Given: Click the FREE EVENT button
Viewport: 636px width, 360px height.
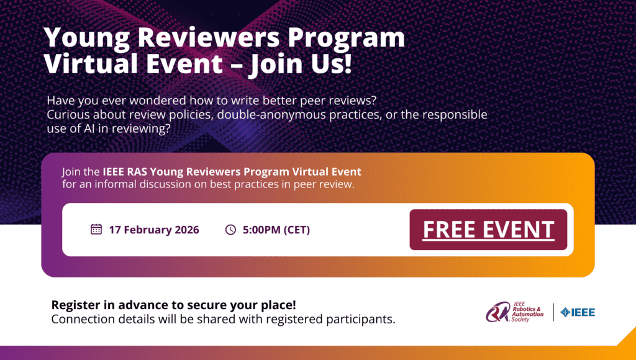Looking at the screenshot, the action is tap(488, 230).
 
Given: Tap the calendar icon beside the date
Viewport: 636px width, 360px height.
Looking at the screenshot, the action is tap(96, 229).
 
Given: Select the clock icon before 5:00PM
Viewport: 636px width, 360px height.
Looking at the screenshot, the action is tap(230, 230).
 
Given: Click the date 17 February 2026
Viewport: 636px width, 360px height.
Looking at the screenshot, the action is tap(154, 230).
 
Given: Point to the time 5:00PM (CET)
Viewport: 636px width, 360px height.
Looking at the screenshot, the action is tap(276, 230).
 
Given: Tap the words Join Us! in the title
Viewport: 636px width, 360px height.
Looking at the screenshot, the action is tap(300, 64).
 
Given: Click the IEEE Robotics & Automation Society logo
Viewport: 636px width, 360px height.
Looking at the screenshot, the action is tap(515, 312).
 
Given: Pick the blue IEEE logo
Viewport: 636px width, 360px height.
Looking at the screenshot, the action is tap(578, 312).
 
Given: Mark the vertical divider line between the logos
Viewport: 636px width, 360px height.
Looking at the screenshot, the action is tap(553, 312).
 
